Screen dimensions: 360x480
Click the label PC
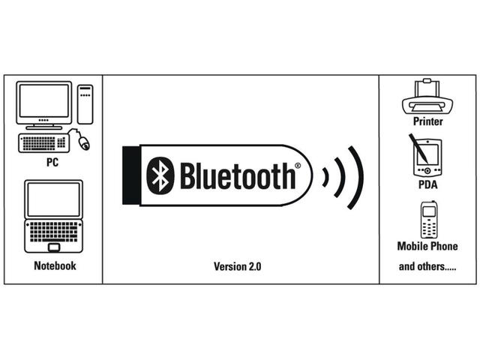pos(52,161)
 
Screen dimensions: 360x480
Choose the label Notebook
pos(55,265)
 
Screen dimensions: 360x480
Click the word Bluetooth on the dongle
pos(237,175)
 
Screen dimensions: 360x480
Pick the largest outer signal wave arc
pos(358,176)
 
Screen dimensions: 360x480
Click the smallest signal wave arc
pos(325,176)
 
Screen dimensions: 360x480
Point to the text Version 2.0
pos(238,266)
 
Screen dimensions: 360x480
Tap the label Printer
pos(428,121)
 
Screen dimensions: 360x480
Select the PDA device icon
pos(424,156)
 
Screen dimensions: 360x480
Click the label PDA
pos(428,184)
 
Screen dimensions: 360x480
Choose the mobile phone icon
pos(428,220)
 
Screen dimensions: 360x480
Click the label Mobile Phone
pos(427,246)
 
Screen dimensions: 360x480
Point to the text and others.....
pos(427,266)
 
